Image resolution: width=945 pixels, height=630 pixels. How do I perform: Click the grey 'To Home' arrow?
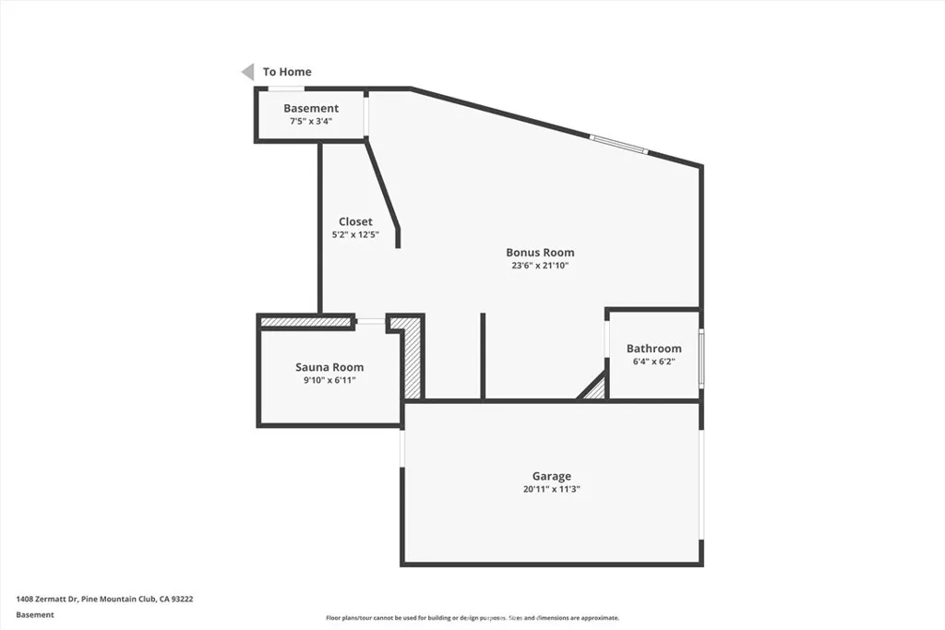click(x=247, y=72)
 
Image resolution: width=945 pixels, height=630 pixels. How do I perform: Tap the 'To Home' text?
click(x=287, y=72)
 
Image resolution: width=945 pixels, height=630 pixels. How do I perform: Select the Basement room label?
click(x=311, y=109)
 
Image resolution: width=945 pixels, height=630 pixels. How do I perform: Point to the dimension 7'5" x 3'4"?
click(x=311, y=121)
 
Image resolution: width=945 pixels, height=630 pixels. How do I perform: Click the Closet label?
click(x=355, y=221)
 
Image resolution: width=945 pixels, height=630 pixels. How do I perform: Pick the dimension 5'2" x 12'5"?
click(x=355, y=234)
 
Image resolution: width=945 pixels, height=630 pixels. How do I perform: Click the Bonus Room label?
click(x=540, y=252)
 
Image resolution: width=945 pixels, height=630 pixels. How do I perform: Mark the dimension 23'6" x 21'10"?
click(x=540, y=266)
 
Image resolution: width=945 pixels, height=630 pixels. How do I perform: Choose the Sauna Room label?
click(x=329, y=367)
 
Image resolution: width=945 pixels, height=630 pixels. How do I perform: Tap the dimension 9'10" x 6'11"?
click(x=329, y=380)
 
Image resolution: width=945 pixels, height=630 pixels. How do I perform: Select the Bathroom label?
click(x=653, y=349)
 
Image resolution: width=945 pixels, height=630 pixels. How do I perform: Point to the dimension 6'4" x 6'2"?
click(x=653, y=362)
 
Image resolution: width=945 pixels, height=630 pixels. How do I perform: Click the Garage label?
click(x=551, y=476)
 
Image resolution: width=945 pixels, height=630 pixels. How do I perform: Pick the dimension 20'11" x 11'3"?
click(x=551, y=490)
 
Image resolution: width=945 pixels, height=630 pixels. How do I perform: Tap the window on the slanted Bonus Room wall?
click(x=618, y=145)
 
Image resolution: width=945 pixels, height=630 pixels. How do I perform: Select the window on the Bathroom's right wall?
click(x=701, y=358)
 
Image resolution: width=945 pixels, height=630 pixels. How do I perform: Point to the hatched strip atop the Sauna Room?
click(x=306, y=323)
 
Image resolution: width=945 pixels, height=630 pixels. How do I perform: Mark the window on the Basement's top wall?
click(x=286, y=89)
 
